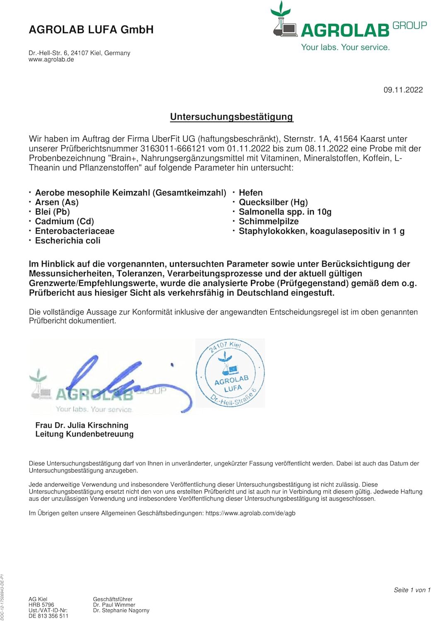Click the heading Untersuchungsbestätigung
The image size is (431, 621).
click(232, 117)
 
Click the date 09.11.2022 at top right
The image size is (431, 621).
click(403, 90)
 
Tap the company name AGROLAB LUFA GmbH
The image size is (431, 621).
click(91, 30)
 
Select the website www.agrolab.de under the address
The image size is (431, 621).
click(51, 60)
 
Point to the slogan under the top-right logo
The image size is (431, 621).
click(345, 47)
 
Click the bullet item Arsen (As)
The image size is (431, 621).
click(57, 202)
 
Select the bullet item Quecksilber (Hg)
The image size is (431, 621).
click(273, 202)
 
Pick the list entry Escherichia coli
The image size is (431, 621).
click(68, 241)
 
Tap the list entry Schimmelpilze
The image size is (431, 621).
click(269, 221)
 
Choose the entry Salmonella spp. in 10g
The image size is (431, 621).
click(285, 212)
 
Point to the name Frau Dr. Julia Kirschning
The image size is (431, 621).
click(82, 425)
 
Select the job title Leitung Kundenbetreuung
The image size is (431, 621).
click(85, 434)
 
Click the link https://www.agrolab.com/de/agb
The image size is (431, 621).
click(250, 513)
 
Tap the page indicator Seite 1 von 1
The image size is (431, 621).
click(412, 590)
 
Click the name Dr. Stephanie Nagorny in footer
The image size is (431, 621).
click(121, 610)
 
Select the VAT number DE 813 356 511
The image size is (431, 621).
click(48, 616)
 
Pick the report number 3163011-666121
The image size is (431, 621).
click(173, 149)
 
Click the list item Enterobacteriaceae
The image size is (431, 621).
click(75, 231)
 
